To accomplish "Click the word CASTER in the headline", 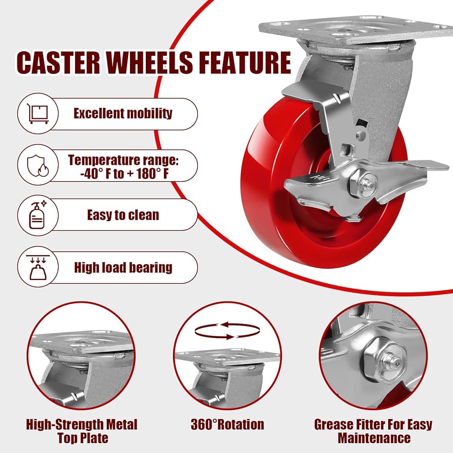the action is (x=58, y=63).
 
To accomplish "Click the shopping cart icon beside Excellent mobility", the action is (x=38, y=114).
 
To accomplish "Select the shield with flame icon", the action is (x=38, y=165).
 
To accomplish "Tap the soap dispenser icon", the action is (x=38, y=215).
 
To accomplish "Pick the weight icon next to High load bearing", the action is (x=38, y=268).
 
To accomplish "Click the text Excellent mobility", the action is (x=123, y=113).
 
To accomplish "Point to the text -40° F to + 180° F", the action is (x=125, y=174).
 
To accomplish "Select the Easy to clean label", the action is (x=123, y=215).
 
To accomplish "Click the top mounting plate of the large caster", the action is (x=355, y=30).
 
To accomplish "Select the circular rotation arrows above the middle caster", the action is (x=227, y=331).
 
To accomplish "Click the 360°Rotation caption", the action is (x=227, y=425).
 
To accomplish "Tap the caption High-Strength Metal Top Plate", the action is (x=82, y=431).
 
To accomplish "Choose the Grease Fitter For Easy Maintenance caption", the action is (x=373, y=431).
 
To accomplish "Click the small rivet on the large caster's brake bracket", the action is (x=360, y=135).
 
